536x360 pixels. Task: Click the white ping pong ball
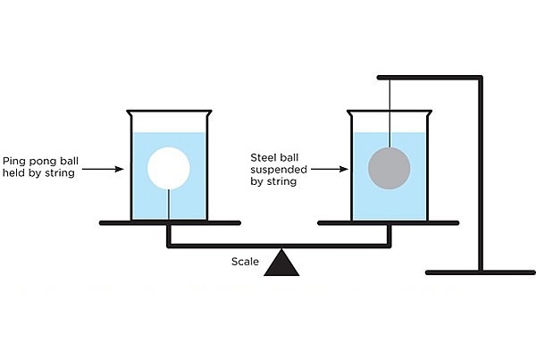[170, 168]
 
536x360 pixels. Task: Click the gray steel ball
[389, 167]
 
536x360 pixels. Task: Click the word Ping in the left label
[15, 162]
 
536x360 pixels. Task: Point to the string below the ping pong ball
[170, 205]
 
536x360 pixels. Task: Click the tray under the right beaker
[389, 222]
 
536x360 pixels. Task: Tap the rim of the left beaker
[170, 111]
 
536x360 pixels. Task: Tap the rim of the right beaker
[389, 111]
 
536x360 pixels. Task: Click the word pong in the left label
[42, 162]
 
